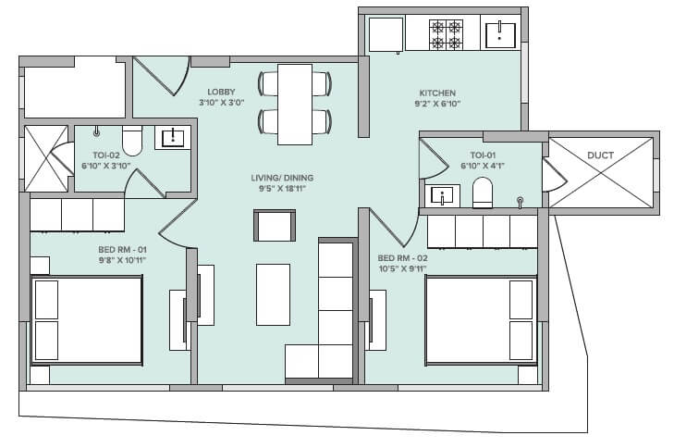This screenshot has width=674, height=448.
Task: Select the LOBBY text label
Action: (x=222, y=91)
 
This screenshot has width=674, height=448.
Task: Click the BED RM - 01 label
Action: (x=121, y=250)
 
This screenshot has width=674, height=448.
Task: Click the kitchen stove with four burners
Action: (x=446, y=35)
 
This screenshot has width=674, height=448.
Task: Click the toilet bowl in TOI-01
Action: (x=483, y=193)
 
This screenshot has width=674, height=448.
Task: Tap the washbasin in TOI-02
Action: (x=172, y=139)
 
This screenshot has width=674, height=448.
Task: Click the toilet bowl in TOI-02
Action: (x=131, y=142)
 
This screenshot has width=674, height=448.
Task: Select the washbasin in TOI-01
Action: (x=443, y=196)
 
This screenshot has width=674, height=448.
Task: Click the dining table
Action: (x=296, y=103)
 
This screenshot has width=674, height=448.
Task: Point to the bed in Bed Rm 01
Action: (x=87, y=319)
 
